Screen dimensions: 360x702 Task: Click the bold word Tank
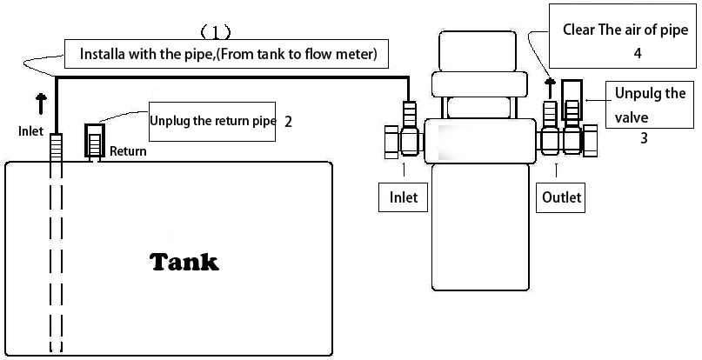[184, 261]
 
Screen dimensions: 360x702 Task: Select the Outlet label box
[560, 197]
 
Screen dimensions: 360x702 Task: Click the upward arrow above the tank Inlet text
[40, 105]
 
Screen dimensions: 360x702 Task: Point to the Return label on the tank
[128, 151]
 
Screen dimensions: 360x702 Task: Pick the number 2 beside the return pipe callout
[288, 121]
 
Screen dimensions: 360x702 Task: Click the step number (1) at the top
[216, 33]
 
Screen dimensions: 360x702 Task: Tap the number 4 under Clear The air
[638, 52]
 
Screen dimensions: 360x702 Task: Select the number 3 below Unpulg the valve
[643, 137]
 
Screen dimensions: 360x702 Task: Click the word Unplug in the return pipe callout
[170, 121]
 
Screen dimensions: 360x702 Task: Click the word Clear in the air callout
[579, 30]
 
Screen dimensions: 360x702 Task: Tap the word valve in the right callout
[632, 117]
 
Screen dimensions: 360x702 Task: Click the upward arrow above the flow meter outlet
[550, 84]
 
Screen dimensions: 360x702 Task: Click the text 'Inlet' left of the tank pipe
[30, 132]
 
